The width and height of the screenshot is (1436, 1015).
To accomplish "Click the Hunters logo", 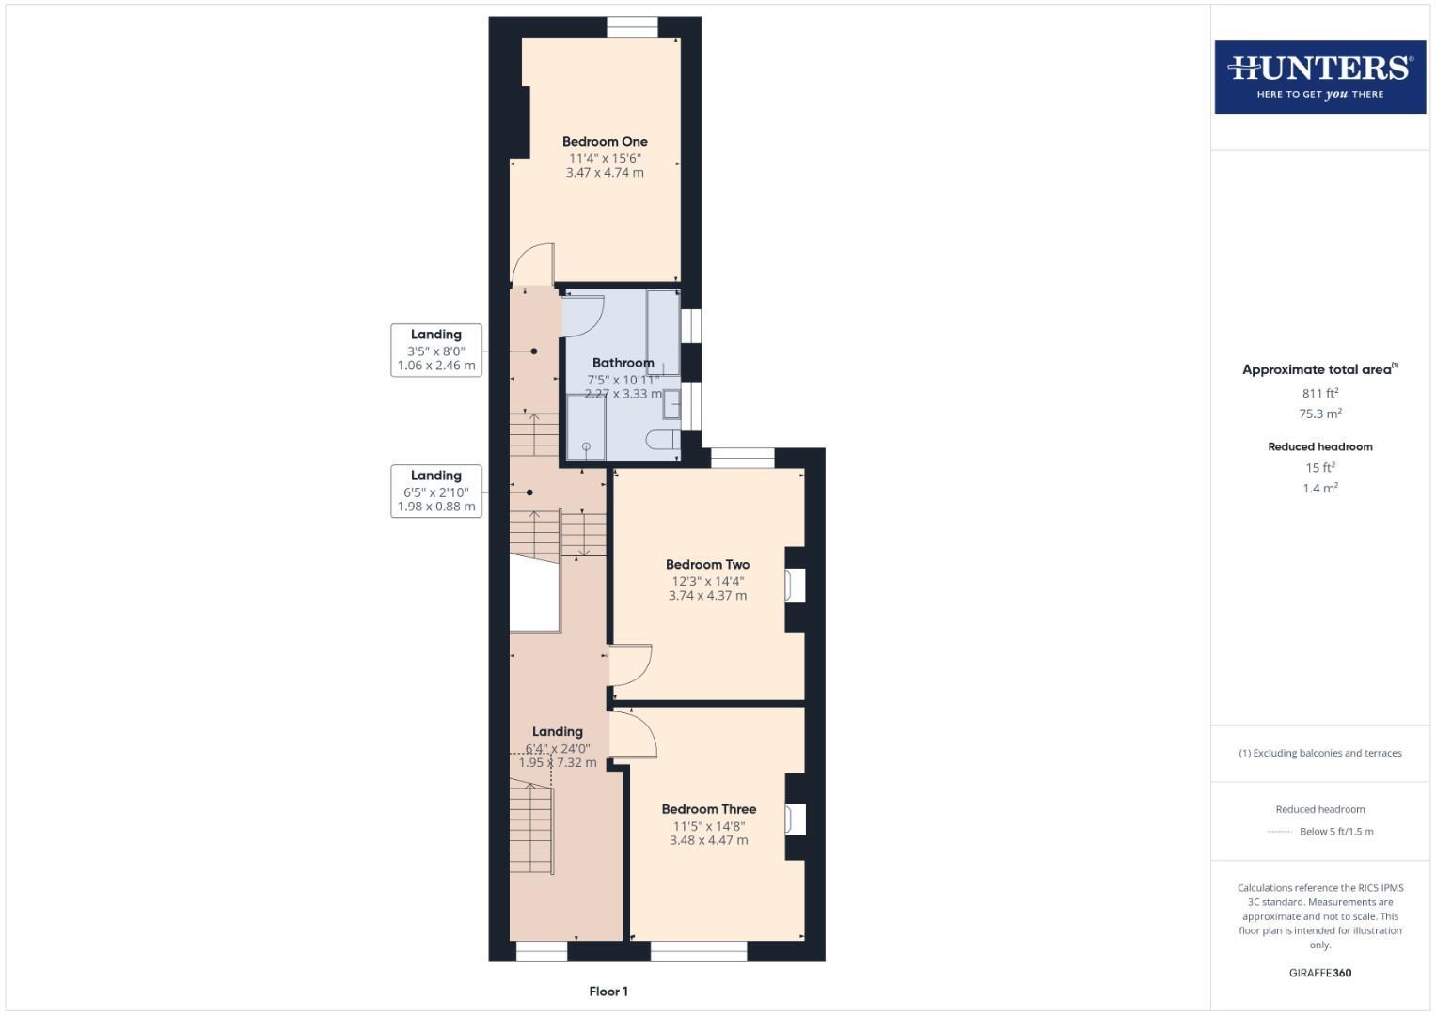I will (1319, 77).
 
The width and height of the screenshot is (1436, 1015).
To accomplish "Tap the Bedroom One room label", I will (605, 142).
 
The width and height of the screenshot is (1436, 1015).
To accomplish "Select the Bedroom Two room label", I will (707, 565).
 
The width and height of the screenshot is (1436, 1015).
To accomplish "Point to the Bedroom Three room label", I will (708, 809).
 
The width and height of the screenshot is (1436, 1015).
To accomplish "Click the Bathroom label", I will (623, 363).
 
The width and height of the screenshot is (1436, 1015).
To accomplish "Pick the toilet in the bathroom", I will (663, 440).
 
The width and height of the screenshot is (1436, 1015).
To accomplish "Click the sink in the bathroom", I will (671, 404).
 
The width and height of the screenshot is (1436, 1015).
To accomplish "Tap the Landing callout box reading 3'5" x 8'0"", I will (436, 351).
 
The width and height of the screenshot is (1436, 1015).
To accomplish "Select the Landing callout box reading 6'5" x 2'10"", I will (436, 491).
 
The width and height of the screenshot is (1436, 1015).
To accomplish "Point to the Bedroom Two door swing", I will (630, 664).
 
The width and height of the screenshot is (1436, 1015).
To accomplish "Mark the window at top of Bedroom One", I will (632, 27).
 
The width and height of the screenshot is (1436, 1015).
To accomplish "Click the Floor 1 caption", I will (608, 992).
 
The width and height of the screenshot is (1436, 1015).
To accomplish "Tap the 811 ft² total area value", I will (1319, 394).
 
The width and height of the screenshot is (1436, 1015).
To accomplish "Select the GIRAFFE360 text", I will (1319, 973).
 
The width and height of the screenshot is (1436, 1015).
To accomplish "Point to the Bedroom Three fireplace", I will (796, 819).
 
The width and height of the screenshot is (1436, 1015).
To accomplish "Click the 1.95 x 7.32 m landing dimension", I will (558, 763).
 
